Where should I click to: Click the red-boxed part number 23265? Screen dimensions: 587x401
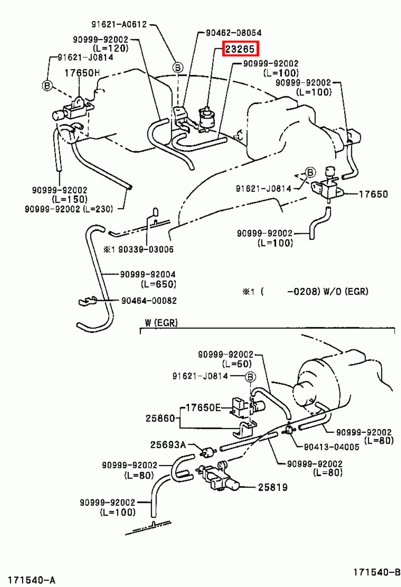pos(240,49)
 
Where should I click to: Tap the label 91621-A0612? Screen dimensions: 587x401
pos(119,24)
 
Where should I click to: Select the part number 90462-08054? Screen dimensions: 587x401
pos(233,33)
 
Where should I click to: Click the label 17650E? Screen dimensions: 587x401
pos(203,408)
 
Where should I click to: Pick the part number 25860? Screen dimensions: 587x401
pos(160,418)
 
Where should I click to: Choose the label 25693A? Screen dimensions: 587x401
pos(168,445)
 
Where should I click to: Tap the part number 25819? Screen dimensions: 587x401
pos(273,487)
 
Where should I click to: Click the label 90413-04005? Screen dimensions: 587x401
pos(331,447)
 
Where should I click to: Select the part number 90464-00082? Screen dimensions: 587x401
pos(149,301)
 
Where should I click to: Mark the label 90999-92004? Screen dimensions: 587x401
pos(148,274)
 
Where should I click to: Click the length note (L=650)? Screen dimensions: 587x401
pos(158,284)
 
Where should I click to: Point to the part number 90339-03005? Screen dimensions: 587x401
pos(146,249)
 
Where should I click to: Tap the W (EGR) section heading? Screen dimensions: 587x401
pos(161,323)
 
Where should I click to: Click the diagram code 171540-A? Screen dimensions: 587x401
pos(32,580)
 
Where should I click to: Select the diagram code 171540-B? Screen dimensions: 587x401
pos(377,572)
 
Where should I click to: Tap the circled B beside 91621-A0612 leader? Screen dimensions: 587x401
pos(178,68)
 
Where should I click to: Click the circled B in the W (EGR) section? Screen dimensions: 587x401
pos(250,377)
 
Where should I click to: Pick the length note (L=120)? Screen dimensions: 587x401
pos(111,48)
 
